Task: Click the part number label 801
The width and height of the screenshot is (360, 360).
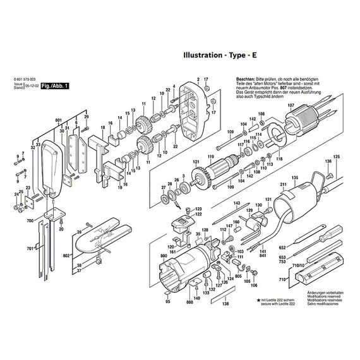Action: [58, 119]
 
